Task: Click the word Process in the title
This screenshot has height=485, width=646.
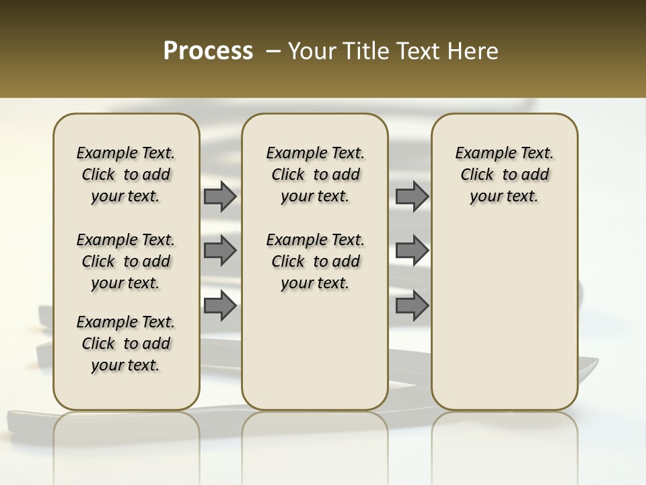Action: [x=208, y=51]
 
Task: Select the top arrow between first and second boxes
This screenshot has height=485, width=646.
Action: [x=219, y=197]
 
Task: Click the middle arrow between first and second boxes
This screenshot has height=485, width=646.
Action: [x=219, y=251]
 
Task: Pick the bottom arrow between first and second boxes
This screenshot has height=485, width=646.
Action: [x=219, y=306]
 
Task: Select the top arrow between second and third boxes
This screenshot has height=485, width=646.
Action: [x=412, y=197]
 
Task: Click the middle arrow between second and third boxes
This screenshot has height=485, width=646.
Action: [x=412, y=251]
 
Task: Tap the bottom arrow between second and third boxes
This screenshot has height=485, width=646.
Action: [x=412, y=306]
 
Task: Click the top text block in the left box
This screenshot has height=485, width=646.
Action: [x=126, y=174]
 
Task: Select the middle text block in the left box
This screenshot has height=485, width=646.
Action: [x=126, y=261]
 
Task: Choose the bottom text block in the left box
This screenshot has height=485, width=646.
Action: [x=126, y=344]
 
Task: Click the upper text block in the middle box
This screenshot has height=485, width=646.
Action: [x=315, y=174]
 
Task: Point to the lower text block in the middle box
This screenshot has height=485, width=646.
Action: [x=315, y=261]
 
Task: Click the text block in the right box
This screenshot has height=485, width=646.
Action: [x=504, y=174]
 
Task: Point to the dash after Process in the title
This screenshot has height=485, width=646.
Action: [x=273, y=51]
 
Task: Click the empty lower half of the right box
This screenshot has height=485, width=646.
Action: [x=504, y=323]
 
